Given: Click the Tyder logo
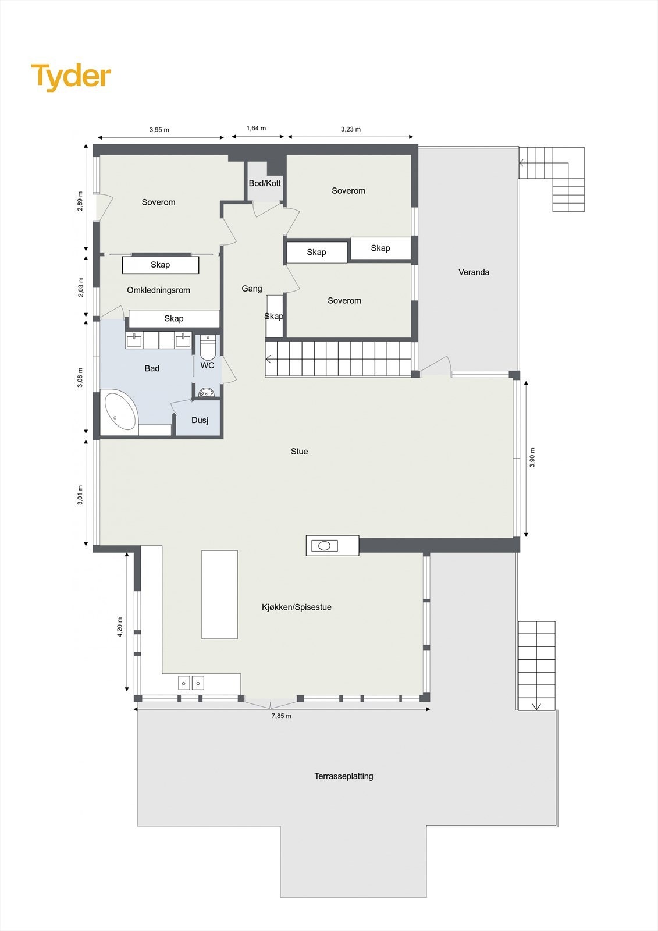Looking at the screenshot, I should click(x=71, y=76).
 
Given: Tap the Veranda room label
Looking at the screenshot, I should click(x=474, y=272).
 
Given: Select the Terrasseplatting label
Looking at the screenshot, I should click(x=343, y=776).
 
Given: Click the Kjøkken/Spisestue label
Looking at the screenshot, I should click(x=296, y=607).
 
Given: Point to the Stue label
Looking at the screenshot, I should click(x=299, y=451).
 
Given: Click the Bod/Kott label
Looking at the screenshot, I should click(x=265, y=183).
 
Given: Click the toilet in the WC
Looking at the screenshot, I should click(x=208, y=347).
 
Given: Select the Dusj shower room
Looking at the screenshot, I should click(x=199, y=420).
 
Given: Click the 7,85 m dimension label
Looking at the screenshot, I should click(x=281, y=716).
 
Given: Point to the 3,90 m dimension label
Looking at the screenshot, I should click(x=532, y=457).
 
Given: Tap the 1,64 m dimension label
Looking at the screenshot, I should click(x=256, y=128).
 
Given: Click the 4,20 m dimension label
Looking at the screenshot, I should click(x=120, y=627).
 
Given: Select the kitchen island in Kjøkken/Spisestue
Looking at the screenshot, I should click(x=219, y=594).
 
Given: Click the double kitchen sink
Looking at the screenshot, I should click(x=191, y=683).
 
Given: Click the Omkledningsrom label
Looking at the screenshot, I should click(x=158, y=290).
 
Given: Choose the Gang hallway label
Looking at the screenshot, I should click(x=252, y=288).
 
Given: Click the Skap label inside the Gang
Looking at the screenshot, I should click(x=273, y=316).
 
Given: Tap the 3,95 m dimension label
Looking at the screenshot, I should click(x=159, y=129).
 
